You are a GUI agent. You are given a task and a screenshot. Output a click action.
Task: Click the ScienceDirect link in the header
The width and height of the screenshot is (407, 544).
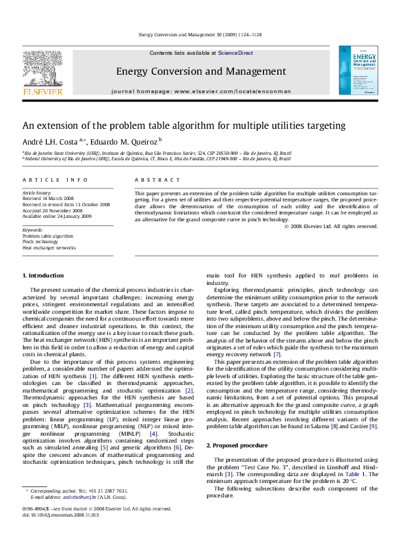(x=235, y=53)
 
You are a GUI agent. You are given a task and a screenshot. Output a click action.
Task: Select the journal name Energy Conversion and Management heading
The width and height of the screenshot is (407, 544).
(x=200, y=71)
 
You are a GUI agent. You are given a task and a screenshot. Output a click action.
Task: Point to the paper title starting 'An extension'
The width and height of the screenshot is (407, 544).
(x=174, y=125)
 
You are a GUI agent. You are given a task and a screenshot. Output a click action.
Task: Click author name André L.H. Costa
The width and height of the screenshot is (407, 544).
(x=61, y=142)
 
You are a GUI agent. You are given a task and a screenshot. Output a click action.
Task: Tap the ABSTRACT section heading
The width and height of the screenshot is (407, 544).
(x=152, y=180)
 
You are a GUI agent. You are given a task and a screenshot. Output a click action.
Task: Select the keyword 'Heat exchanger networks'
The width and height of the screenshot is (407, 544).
(x=49, y=247)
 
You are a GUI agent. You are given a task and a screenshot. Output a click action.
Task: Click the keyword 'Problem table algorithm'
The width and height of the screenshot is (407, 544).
(x=48, y=236)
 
